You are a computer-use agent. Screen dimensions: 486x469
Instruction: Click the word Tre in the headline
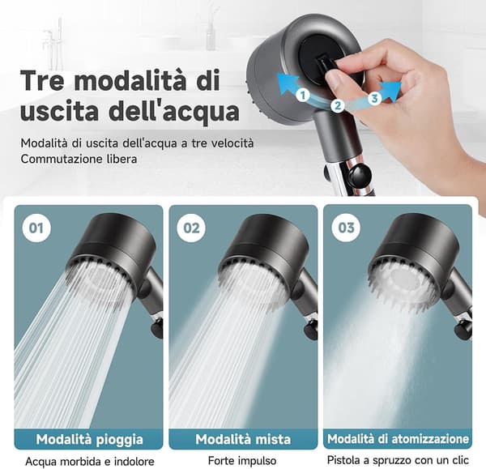point(42,80)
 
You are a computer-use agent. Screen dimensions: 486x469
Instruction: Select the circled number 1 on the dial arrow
point(303,95)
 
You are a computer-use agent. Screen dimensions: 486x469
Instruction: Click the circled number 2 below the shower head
point(338,105)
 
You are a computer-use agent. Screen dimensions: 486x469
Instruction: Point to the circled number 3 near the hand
point(374,99)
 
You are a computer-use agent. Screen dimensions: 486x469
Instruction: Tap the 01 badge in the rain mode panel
point(36,228)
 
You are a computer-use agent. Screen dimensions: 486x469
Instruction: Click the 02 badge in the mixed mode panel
point(191,228)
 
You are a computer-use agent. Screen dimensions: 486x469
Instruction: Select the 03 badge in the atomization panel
point(346,228)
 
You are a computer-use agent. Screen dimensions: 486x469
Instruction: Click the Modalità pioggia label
point(89,440)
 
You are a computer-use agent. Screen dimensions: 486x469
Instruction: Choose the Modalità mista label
point(243,439)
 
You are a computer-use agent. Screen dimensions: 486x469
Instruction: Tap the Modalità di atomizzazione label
point(398,439)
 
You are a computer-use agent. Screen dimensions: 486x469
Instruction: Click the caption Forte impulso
point(242,461)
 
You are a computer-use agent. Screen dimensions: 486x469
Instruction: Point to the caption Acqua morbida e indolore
point(90,462)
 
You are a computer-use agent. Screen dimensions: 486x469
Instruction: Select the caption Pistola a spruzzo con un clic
point(398,460)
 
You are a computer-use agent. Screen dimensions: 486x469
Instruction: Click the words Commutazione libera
point(79,159)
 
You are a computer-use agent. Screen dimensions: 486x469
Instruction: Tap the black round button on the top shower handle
point(360,176)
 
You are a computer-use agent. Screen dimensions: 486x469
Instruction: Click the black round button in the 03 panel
point(462,331)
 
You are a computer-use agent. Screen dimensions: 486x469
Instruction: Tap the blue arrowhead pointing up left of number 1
point(287,83)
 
